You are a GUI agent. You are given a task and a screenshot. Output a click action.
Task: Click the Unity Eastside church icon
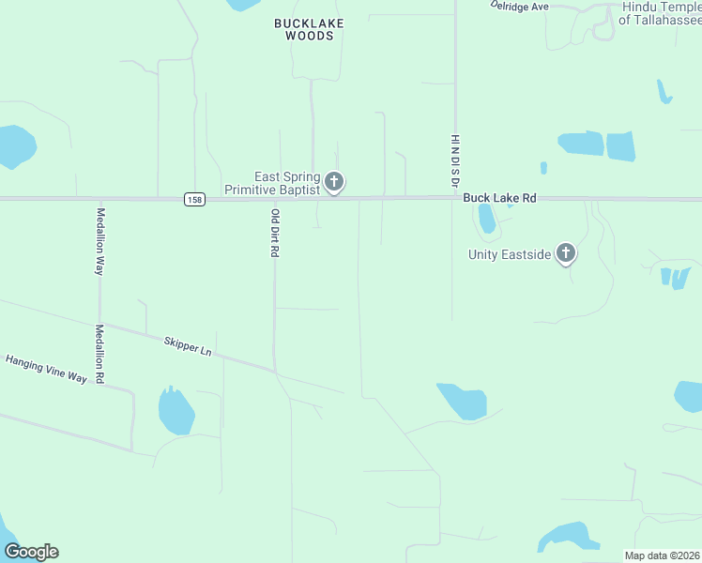click(x=565, y=253)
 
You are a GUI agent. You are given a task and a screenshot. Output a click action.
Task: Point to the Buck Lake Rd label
click(x=499, y=199)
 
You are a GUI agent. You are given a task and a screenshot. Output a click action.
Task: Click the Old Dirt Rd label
click(x=275, y=234)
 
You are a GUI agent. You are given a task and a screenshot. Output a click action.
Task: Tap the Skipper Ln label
click(x=187, y=346)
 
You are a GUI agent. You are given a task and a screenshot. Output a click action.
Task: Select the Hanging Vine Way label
click(x=46, y=369)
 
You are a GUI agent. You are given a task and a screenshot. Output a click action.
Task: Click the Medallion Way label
click(x=99, y=240)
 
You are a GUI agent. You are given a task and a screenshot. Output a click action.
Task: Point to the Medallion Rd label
click(x=99, y=353)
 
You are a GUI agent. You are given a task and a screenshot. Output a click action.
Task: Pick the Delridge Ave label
click(x=519, y=6)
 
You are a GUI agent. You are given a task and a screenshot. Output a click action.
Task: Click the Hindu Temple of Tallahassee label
click(x=661, y=12)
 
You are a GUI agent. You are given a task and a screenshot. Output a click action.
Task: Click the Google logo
click(x=31, y=552)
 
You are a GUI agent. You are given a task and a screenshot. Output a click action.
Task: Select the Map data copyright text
click(x=663, y=555)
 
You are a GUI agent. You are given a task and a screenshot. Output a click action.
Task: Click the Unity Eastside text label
click(x=510, y=254)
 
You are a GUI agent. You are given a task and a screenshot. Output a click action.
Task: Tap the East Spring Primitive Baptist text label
click(x=272, y=183)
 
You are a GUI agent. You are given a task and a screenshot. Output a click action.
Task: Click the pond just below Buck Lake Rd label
click(x=486, y=219)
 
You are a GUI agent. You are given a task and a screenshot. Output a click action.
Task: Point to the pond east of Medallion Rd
click(x=175, y=411)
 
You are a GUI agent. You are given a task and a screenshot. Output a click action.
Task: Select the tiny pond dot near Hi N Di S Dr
click(x=543, y=168)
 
